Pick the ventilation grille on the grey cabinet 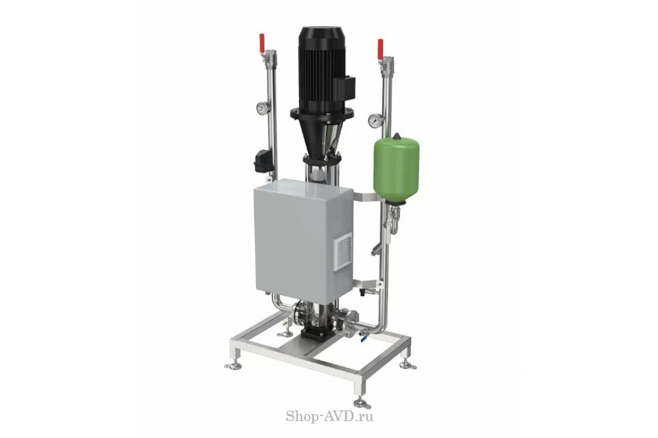pyautogui.click(x=344, y=253)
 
